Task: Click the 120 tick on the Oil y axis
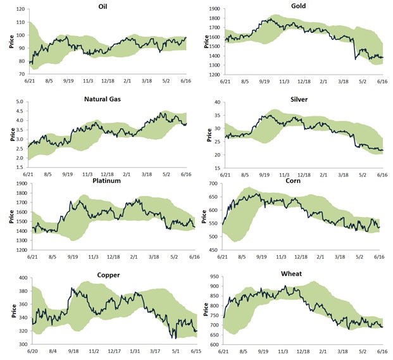[18, 10]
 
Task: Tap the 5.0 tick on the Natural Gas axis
[19, 102]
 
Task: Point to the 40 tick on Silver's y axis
[216, 102]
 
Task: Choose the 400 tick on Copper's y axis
[18, 278]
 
